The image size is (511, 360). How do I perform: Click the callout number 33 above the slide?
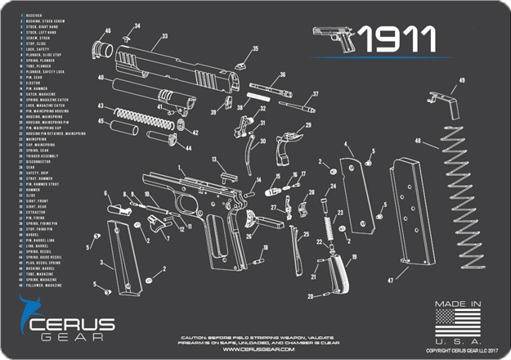[164, 36]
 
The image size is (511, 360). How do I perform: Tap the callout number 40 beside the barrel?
[100, 79]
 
